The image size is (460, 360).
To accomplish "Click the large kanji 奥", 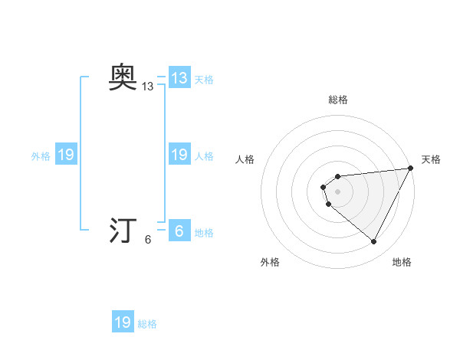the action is click(x=123, y=77).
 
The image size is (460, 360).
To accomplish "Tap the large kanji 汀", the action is click(x=123, y=231).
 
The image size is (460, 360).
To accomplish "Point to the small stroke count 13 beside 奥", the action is click(x=148, y=87).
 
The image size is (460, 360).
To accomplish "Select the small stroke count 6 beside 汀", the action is click(x=148, y=240).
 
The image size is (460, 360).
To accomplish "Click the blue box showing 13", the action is click(x=179, y=78).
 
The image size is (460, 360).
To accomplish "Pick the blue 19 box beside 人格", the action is click(x=179, y=155).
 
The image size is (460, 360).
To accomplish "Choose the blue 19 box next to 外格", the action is click(x=66, y=155).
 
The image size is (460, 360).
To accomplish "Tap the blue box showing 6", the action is click(x=179, y=231).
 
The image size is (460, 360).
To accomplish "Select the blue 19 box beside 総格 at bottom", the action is click(x=123, y=322).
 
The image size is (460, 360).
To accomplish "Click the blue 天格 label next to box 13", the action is click(x=204, y=80).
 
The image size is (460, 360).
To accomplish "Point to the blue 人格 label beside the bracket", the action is click(x=204, y=156).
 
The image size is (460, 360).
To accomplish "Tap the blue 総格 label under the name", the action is click(x=147, y=323).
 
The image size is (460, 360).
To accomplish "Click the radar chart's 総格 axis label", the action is click(x=338, y=100).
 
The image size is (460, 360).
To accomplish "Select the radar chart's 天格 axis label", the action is click(x=431, y=159).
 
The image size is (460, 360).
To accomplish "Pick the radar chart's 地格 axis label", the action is click(x=402, y=262).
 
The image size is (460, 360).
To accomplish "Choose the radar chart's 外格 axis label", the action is click(x=270, y=262).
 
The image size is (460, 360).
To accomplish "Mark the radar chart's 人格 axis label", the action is click(x=245, y=159).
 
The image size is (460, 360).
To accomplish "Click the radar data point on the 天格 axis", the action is click(x=412, y=168).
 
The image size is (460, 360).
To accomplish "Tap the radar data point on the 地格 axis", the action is click(x=374, y=242).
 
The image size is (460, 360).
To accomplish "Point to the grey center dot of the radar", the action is click(x=338, y=191).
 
